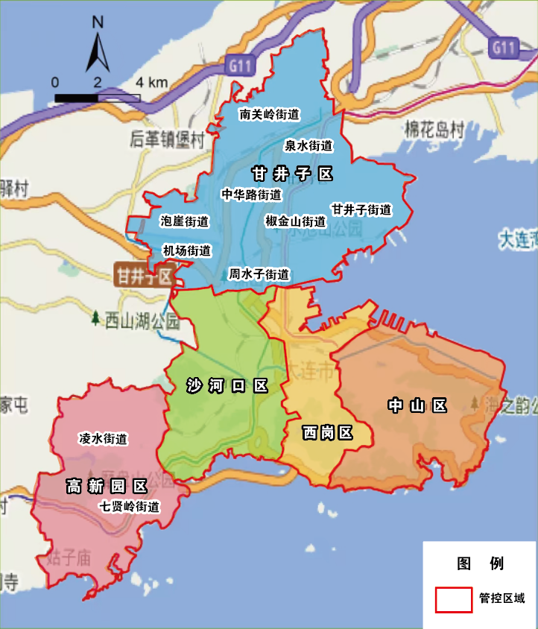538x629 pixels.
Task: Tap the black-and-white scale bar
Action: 98,97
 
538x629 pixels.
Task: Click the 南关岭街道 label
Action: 269,115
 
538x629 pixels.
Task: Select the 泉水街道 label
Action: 308,145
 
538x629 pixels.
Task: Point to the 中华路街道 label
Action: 252,195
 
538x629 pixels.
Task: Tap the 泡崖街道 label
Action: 185,221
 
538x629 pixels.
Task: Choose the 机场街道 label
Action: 186,250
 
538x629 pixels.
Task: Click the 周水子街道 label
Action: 259,274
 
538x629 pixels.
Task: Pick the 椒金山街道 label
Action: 296,221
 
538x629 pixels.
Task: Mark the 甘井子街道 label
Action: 361,209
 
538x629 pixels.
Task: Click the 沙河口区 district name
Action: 227,385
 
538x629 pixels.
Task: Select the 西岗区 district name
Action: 327,432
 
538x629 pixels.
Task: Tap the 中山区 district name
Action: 417,405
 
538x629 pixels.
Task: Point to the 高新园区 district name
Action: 107,487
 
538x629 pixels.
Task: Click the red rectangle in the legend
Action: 454,599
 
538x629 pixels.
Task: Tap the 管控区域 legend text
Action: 502,598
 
